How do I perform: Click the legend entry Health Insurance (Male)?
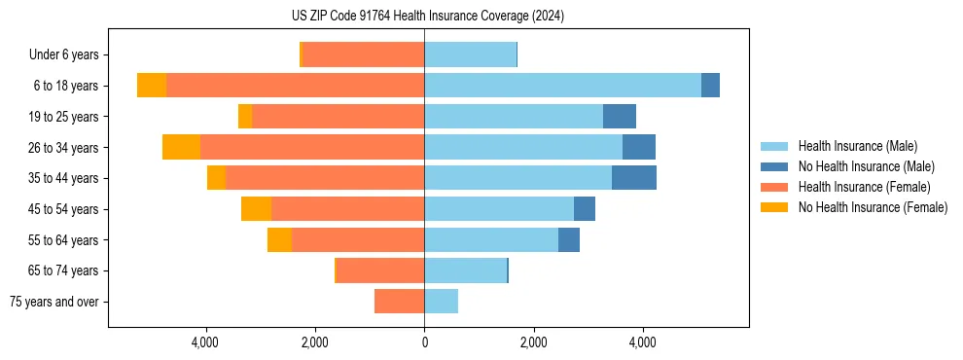[857, 146]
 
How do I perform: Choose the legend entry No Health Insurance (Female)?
[873, 207]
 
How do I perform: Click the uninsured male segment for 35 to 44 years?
[634, 178]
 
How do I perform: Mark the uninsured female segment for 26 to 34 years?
[181, 147]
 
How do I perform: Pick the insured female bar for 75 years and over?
[399, 302]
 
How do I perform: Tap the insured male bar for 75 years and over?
[441, 302]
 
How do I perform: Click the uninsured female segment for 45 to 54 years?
[256, 209]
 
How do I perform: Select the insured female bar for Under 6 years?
[363, 54]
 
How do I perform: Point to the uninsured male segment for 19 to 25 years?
[620, 117]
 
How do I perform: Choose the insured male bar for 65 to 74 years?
[465, 270]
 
